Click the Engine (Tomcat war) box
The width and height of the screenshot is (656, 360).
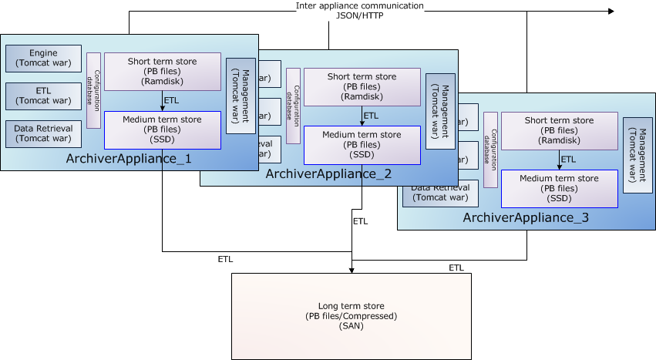(x=43, y=57)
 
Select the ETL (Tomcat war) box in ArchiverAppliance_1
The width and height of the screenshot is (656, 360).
(x=43, y=96)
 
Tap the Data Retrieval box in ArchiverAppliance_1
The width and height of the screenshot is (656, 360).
(x=43, y=133)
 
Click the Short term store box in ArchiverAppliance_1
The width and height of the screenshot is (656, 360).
(x=162, y=72)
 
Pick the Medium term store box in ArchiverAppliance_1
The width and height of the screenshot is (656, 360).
(x=162, y=130)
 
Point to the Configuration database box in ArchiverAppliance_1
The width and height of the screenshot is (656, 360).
(x=94, y=90)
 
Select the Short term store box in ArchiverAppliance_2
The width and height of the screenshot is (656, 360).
(x=362, y=86)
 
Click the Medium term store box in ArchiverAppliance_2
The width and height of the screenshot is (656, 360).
(x=362, y=145)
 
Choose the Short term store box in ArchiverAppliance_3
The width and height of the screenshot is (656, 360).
(x=559, y=130)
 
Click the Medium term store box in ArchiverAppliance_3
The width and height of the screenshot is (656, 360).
(x=559, y=189)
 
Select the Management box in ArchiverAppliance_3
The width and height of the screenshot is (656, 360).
(x=637, y=155)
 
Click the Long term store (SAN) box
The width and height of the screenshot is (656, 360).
(x=351, y=316)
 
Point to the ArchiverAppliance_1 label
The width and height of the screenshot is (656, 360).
(x=130, y=160)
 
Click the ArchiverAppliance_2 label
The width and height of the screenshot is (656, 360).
(x=329, y=174)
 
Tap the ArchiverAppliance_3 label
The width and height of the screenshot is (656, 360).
(x=526, y=218)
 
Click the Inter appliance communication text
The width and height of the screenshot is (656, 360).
(x=359, y=6)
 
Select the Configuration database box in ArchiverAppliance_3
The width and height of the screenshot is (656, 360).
(x=491, y=148)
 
